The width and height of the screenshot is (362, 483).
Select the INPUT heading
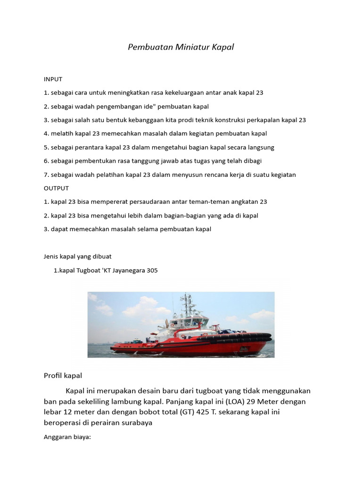(52, 79)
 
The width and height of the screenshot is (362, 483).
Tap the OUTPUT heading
(56, 188)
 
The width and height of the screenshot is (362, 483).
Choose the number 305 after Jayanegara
(152, 271)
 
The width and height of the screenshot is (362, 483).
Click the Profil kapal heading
(63, 376)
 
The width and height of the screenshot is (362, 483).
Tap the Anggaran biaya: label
(67, 437)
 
